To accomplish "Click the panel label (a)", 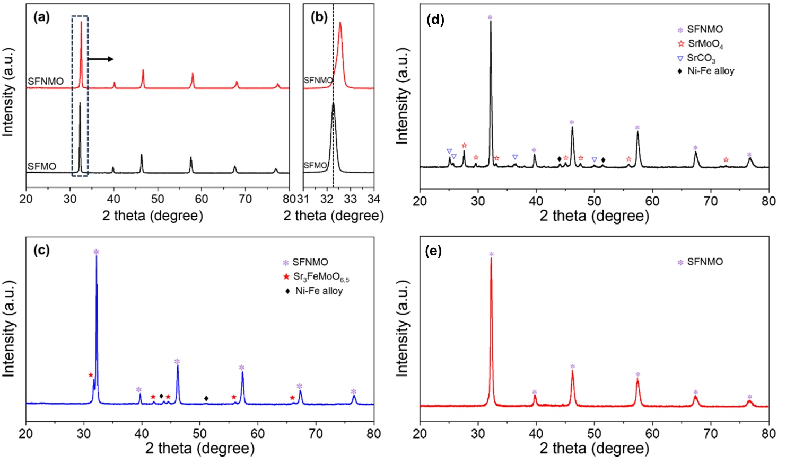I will [41, 17].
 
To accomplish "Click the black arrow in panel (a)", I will [101, 59].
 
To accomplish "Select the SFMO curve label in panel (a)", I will [42, 166].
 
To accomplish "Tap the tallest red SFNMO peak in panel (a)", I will [81, 22].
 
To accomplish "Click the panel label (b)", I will [319, 17].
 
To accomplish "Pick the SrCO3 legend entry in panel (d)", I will [700, 58].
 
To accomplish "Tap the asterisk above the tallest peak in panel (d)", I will [490, 17].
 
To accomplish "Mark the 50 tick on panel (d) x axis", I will [595, 201].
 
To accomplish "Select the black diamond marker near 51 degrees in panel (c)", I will [206, 398].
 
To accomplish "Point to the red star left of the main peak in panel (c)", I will [91, 375].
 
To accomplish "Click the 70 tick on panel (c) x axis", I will [316, 433].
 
